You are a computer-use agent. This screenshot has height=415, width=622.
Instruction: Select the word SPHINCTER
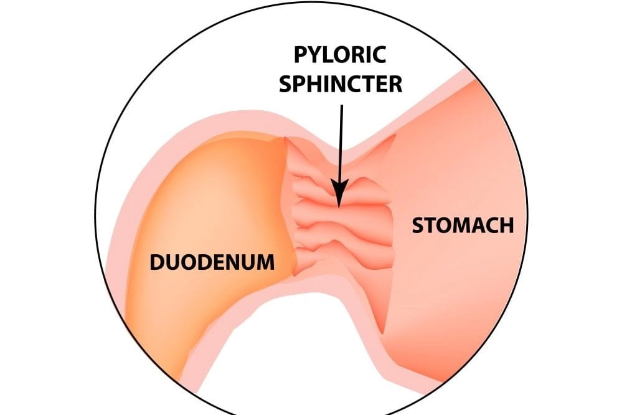pos(341,83)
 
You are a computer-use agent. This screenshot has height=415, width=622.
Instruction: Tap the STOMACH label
pos(463,225)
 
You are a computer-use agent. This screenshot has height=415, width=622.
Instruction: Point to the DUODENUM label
pos(212,262)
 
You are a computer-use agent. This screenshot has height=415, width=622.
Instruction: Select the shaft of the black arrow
pos(340,143)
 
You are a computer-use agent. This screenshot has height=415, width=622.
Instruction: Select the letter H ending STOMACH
pos(507,225)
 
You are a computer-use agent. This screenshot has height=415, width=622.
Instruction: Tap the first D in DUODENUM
pos(157,262)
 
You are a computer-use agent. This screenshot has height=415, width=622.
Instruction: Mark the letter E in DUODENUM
pos(222,262)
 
